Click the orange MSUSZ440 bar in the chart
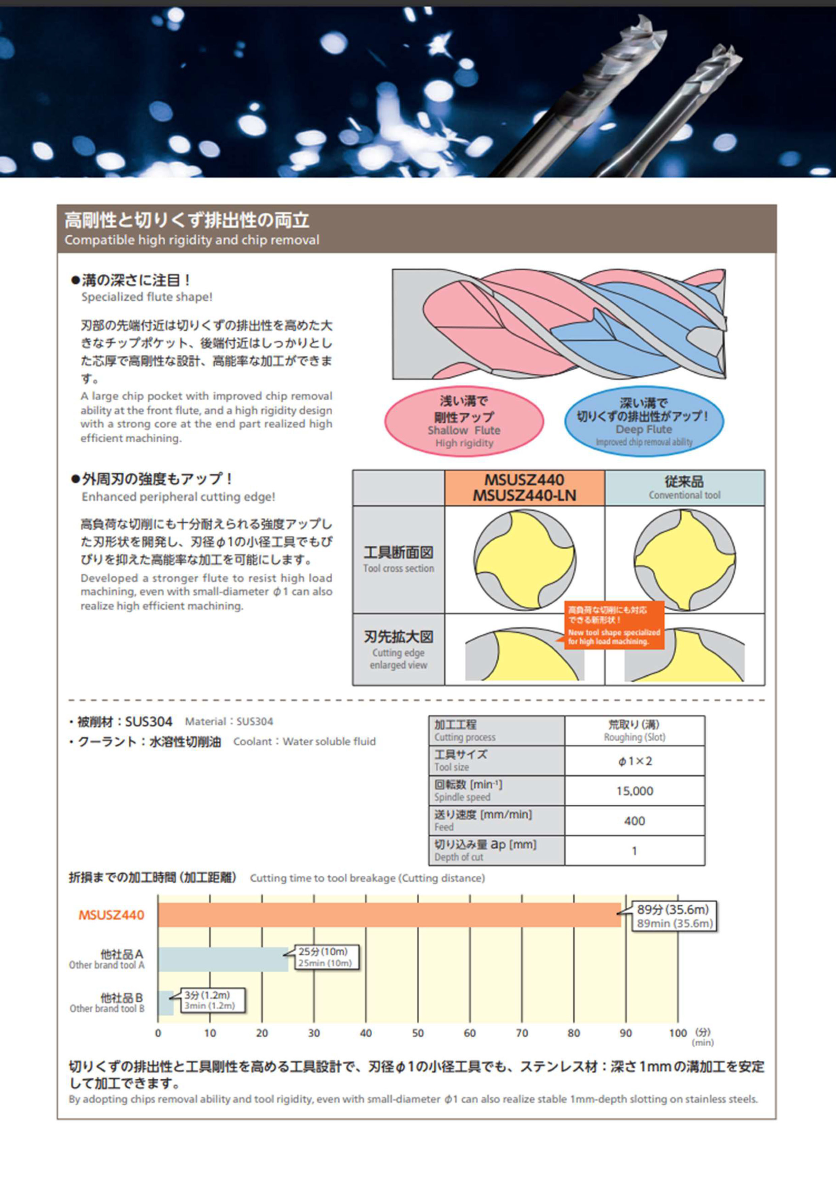click(x=390, y=915)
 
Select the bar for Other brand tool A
click(x=223, y=959)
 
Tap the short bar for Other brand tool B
click(x=166, y=1003)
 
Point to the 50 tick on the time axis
click(x=417, y=1033)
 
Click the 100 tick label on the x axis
click(x=677, y=1033)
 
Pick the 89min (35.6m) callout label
click(x=674, y=916)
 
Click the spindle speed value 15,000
click(x=634, y=790)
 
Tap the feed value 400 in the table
click(x=634, y=821)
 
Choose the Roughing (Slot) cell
click(x=634, y=731)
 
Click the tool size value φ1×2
click(x=634, y=761)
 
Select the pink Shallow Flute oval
click(x=464, y=421)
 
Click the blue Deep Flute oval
click(x=644, y=421)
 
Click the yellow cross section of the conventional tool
click(x=684, y=560)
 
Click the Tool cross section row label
click(x=398, y=559)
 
